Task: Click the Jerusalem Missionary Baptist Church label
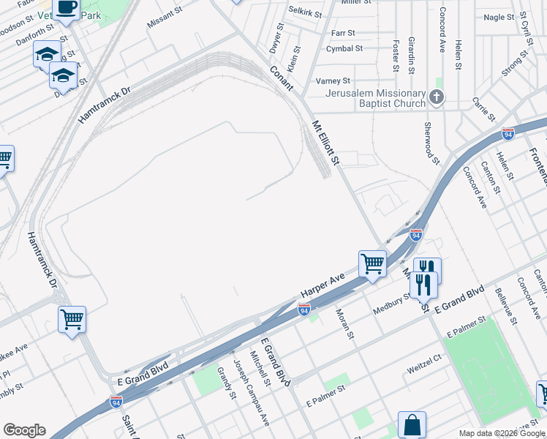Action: tap(375, 98)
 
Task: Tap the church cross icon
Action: tap(436, 97)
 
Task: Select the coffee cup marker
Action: tap(67, 8)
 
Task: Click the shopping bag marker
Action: tap(412, 424)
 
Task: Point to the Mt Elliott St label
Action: tap(326, 143)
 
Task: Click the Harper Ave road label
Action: tap(322, 288)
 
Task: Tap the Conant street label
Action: tap(281, 79)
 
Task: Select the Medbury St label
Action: tap(392, 303)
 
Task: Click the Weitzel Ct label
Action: tap(425, 370)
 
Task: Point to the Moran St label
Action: tap(344, 323)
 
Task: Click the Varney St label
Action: tap(332, 80)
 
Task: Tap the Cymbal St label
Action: tap(344, 49)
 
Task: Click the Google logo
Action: tap(24, 430)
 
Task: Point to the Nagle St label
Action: tap(499, 17)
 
